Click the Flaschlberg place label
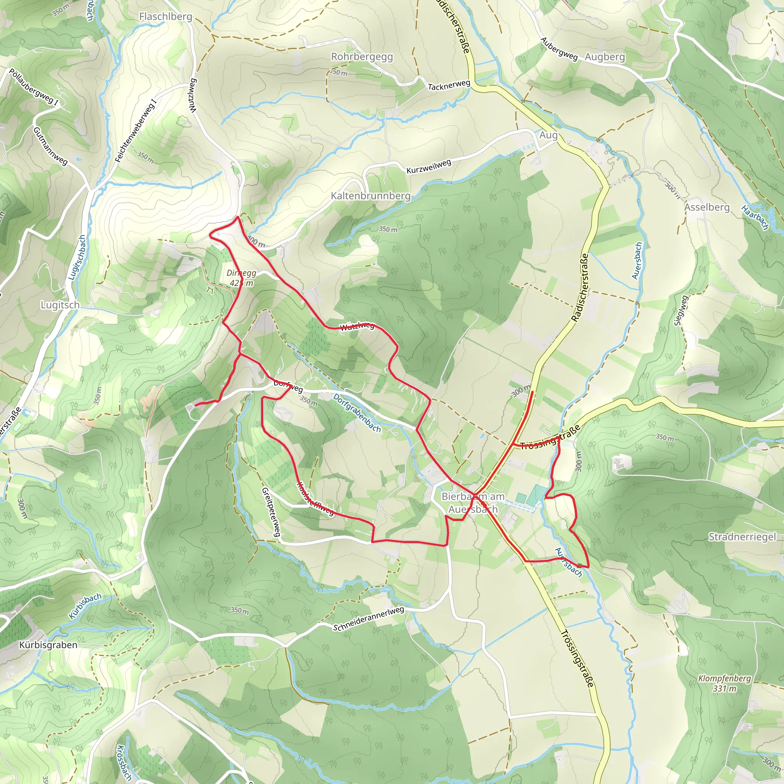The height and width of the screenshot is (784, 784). (165, 16)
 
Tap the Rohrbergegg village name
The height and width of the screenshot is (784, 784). (362, 57)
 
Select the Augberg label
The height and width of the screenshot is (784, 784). (604, 57)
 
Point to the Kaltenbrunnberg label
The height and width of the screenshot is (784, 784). (371, 196)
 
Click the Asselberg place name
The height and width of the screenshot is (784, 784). (707, 207)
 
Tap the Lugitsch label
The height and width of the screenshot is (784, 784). (60, 305)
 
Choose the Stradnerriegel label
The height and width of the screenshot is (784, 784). (742, 537)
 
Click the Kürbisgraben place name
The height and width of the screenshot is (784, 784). (48, 645)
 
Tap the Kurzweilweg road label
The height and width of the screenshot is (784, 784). (429, 167)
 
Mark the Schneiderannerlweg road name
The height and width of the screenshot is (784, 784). (369, 619)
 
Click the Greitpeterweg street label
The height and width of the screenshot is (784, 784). (271, 512)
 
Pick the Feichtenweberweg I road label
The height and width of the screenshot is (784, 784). (136, 131)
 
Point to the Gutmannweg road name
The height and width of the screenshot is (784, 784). (50, 146)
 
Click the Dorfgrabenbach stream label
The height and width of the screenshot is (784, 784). (357, 413)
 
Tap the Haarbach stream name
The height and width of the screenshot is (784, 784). (755, 218)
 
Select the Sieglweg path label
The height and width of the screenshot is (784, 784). (681, 310)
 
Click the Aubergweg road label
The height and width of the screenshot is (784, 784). (559, 49)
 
